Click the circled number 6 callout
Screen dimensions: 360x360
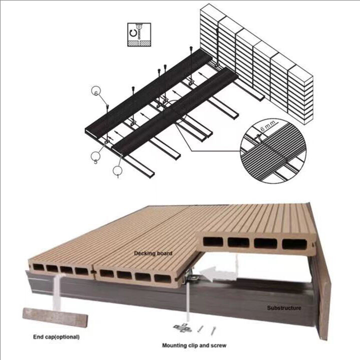tap(96, 91)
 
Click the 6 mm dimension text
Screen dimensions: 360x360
tap(267, 131)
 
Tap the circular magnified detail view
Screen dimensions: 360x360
tap(273, 150)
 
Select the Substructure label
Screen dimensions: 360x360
tap(284, 308)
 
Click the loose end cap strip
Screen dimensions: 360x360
tap(55, 317)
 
